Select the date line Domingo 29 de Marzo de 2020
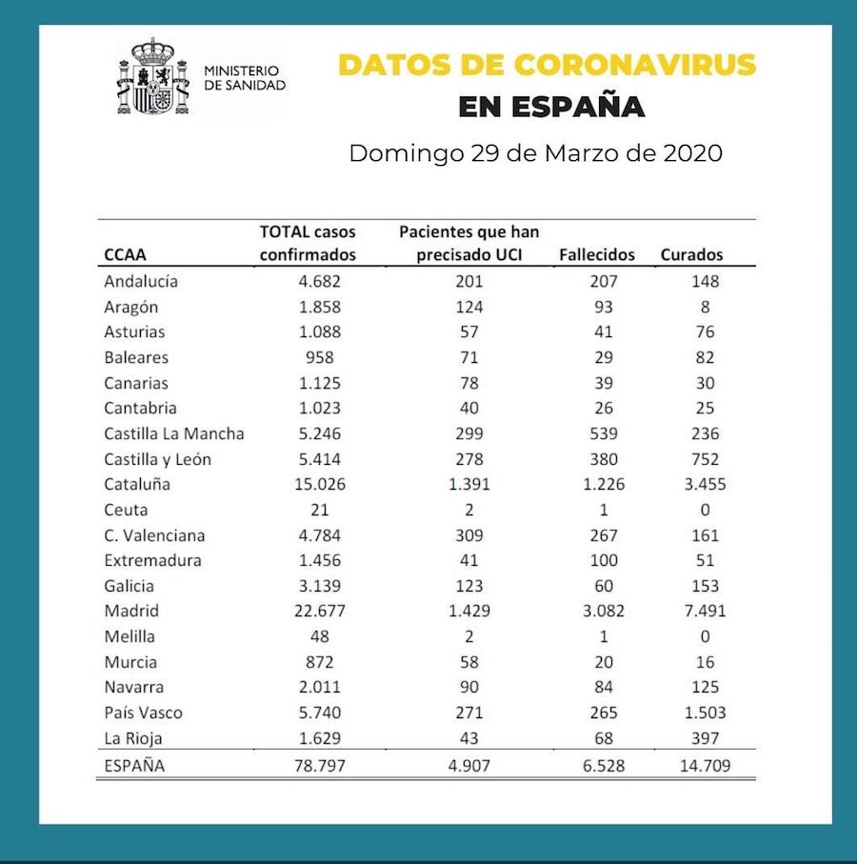point(535,152)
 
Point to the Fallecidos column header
point(597,254)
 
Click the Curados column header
point(691,254)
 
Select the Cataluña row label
point(138,484)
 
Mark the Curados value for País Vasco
point(705,713)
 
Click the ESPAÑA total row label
point(134,765)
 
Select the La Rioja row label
point(133,738)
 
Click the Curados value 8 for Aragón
point(705,307)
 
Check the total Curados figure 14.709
point(705,765)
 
